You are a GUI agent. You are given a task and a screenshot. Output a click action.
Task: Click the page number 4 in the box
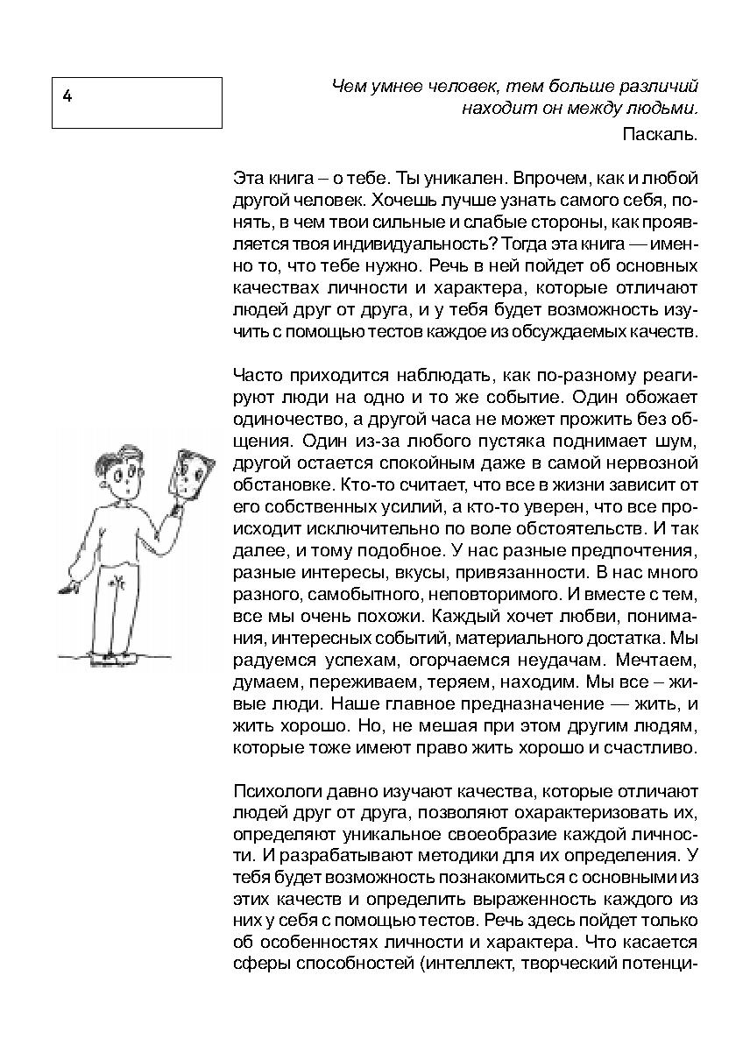tap(67, 96)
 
